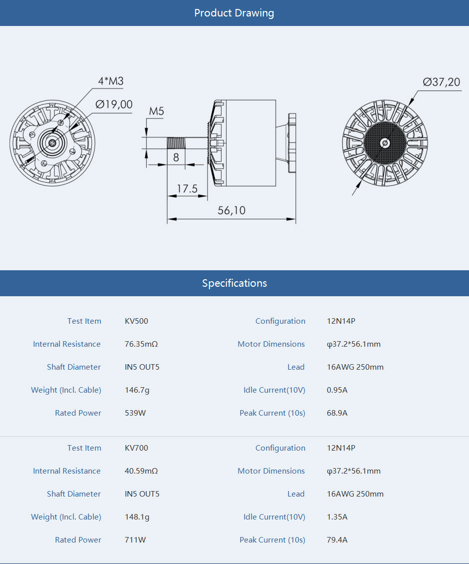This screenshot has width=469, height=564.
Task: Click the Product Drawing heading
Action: click(x=234, y=13)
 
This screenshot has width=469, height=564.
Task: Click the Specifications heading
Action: click(x=234, y=283)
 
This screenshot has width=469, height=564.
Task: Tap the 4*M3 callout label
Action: click(x=111, y=81)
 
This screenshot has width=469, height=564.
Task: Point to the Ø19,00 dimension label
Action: click(x=114, y=104)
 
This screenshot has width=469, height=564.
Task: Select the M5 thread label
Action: click(x=157, y=111)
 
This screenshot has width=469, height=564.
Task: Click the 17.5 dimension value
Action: click(x=187, y=189)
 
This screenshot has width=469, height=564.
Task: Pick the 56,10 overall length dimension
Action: click(x=232, y=210)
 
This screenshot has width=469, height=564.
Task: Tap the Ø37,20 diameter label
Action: click(x=442, y=82)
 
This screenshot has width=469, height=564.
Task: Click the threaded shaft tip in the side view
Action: click(x=176, y=143)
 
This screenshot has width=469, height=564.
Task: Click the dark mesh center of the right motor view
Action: click(x=385, y=143)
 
